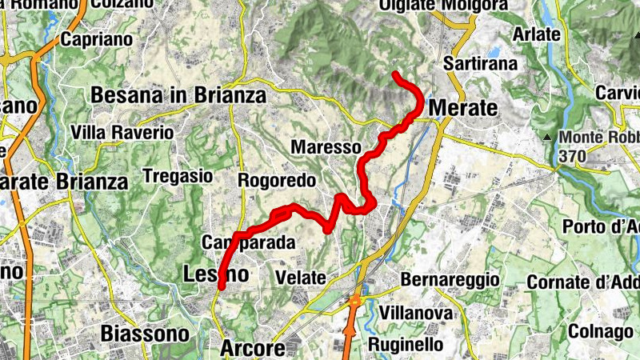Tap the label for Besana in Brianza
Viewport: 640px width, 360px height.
178,95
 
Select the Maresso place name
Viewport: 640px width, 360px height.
326,148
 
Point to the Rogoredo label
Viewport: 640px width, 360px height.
277,181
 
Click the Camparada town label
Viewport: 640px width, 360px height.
249,242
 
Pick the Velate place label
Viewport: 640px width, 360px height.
300,278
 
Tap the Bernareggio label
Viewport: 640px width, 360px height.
450,280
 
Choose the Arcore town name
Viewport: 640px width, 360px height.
252,350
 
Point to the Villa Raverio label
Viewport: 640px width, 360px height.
122,132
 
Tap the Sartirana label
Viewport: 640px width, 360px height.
482,63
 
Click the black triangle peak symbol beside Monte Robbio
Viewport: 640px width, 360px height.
547,138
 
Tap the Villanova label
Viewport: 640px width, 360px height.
417,313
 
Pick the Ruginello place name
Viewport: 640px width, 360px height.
406,344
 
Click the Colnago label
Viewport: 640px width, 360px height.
601,332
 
